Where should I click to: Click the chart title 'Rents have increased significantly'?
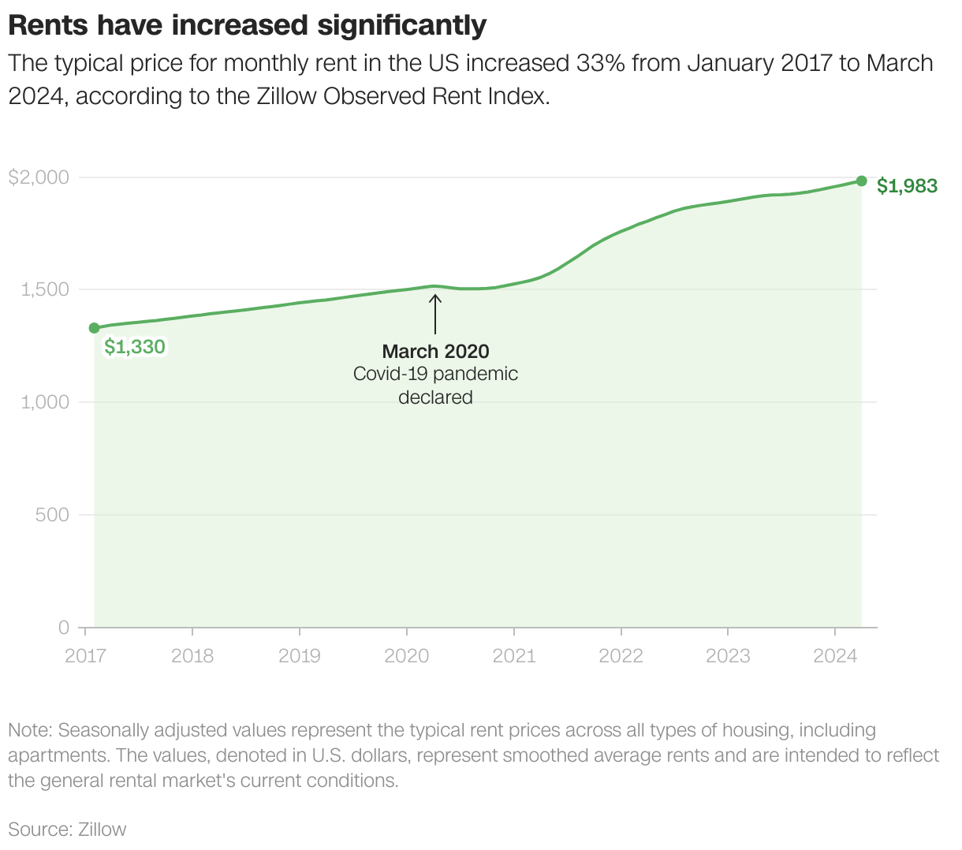click(247, 25)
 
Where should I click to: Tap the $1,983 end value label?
click(907, 186)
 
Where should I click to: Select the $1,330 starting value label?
click(135, 347)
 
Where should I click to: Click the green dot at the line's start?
click(94, 328)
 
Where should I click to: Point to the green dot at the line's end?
click(861, 181)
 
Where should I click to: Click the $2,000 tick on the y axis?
click(39, 177)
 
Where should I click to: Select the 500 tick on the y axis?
click(54, 515)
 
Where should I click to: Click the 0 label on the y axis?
click(64, 628)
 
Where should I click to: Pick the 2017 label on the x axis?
click(85, 655)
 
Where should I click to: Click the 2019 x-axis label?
click(300, 655)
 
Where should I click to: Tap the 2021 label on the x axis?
click(514, 655)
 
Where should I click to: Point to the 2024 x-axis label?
click(834, 655)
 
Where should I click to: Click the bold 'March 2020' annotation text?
click(435, 352)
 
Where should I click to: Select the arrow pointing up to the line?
click(434, 314)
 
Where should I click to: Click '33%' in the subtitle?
click(601, 63)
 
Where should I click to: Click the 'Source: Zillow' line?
click(67, 829)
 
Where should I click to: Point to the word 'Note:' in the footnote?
click(30, 730)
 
